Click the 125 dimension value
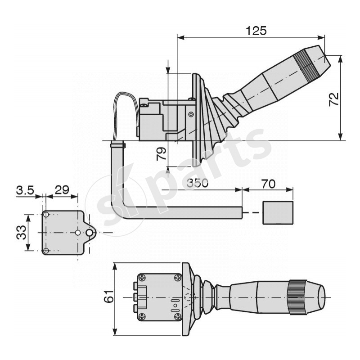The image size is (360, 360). pos(256,31)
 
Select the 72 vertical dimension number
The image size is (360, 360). pos(334,99)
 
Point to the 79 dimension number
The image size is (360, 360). pos(161,154)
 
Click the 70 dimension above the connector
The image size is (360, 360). pos(268,184)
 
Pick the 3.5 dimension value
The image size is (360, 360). pos(25,190)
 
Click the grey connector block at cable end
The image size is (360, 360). pos(278,212)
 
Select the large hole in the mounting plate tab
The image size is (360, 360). pos(90,233)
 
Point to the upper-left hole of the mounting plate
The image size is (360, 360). pos(45,215)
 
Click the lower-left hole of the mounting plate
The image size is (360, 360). pos(45,250)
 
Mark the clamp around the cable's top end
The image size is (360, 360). pos(117,145)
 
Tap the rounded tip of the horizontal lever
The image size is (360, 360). pos(321,297)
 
